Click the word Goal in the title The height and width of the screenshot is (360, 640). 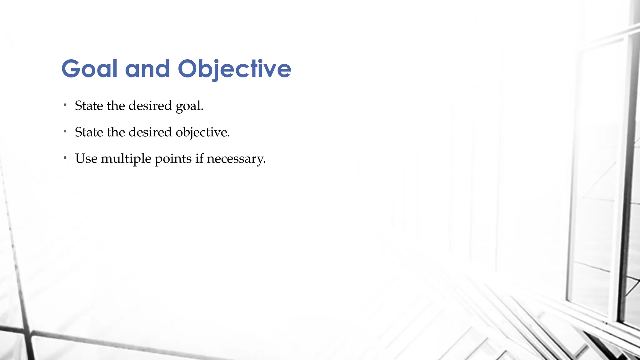89,69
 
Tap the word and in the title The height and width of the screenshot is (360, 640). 147,69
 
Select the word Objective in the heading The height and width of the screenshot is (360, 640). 234,69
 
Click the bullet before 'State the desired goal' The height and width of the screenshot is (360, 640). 65,105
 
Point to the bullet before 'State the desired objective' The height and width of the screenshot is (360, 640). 65,132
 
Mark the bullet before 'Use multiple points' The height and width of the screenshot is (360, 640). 65,158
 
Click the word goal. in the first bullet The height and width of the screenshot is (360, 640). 189,106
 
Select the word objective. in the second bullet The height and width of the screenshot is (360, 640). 202,132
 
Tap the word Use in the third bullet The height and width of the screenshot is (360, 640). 86,159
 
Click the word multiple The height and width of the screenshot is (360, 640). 126,159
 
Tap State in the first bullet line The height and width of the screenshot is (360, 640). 89,106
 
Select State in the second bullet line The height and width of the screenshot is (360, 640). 89,132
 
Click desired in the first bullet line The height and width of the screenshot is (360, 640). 150,106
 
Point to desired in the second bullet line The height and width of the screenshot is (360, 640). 150,132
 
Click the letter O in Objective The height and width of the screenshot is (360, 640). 188,69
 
